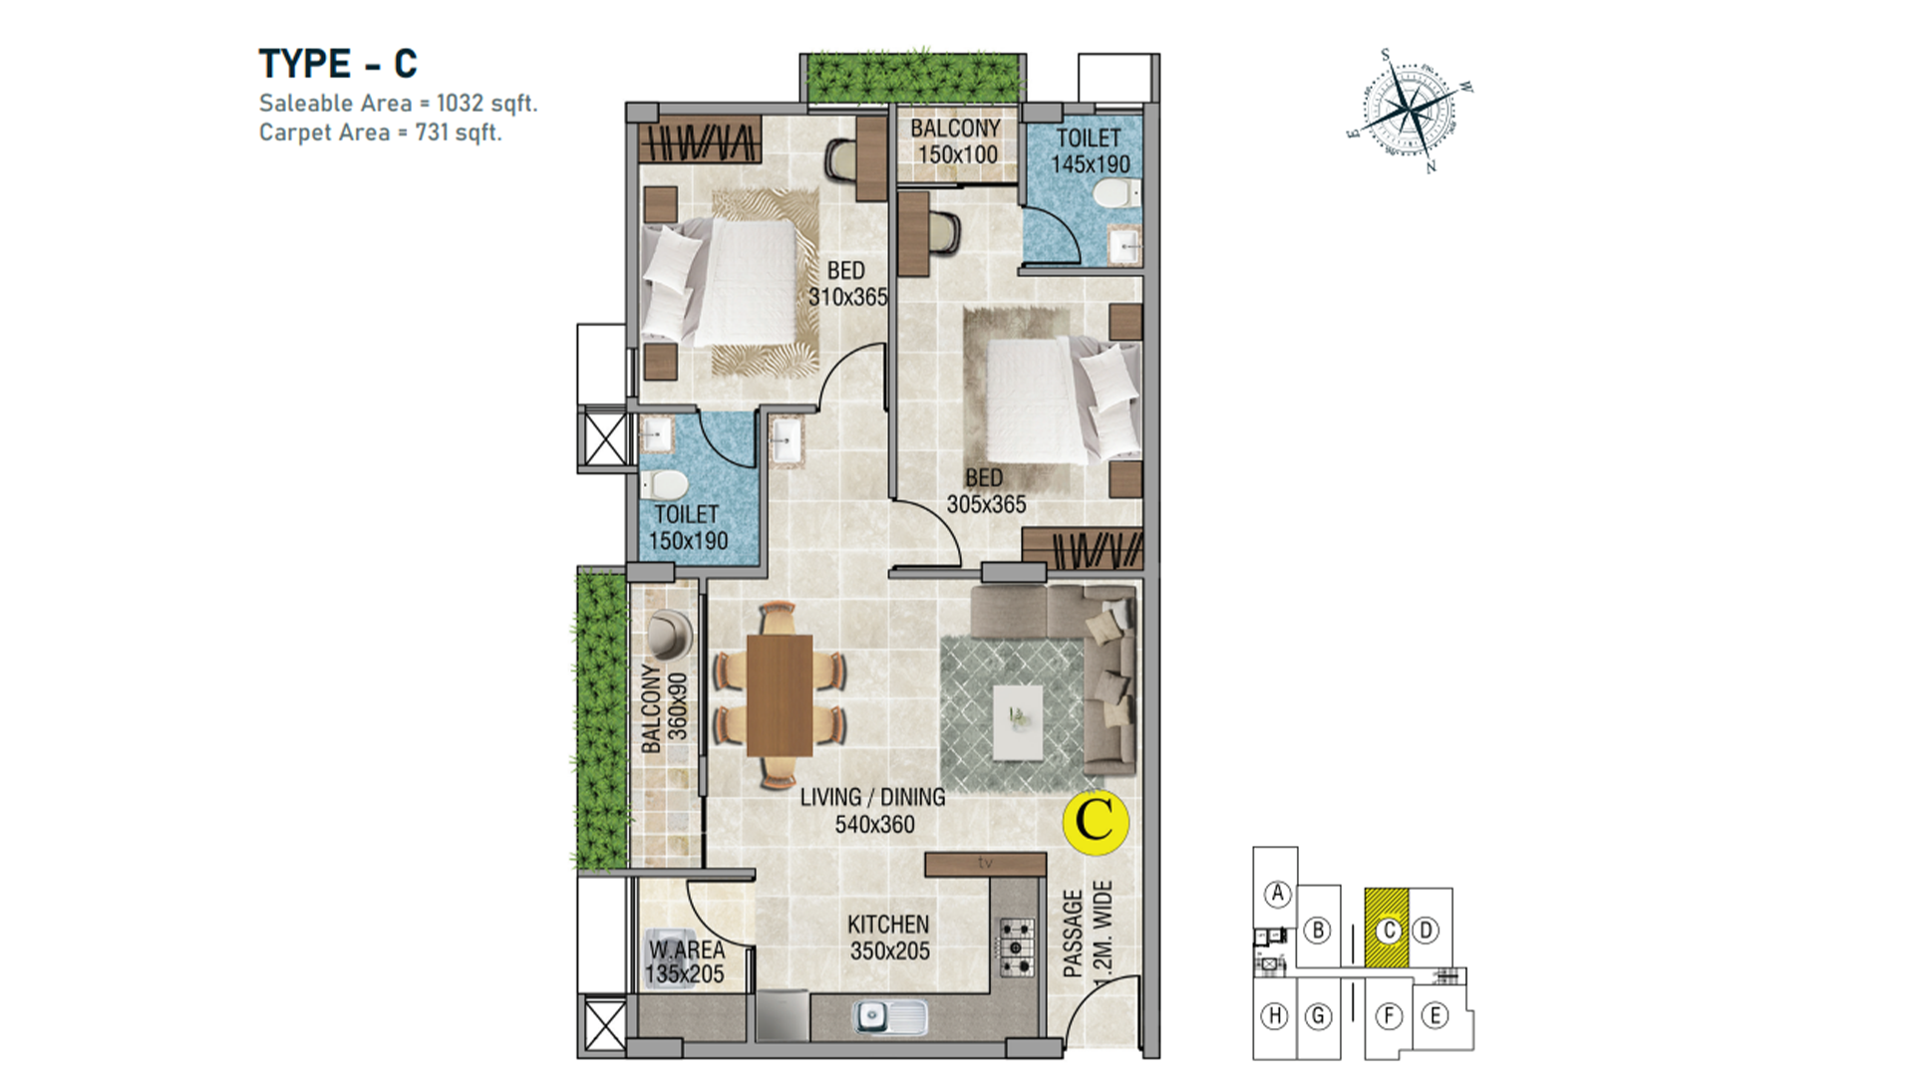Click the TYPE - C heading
338,64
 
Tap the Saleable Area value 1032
460,103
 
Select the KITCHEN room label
888,925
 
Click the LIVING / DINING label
872,797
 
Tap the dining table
780,694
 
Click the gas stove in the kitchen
1017,947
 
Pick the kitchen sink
889,1016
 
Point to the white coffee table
1018,720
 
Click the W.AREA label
687,949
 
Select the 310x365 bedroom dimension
847,297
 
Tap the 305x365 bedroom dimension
986,505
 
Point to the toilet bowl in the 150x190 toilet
664,486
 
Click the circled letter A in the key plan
1277,894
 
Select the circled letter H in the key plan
1274,1016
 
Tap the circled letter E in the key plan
1435,1015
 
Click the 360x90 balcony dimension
678,706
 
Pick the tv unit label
985,863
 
